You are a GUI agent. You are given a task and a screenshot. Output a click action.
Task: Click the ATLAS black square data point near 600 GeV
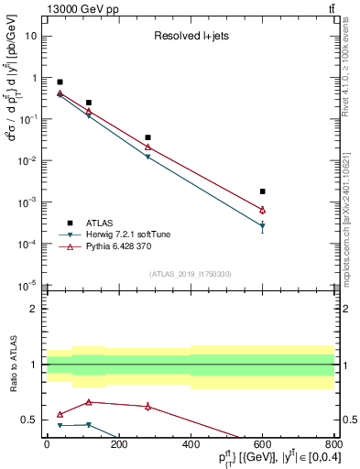tap(262, 191)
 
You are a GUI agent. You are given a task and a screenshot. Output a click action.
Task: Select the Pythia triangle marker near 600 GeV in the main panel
tap(262, 210)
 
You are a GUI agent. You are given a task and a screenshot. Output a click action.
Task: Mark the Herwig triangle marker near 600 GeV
tap(262, 225)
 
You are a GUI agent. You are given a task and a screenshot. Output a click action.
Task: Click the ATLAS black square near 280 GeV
tap(147, 137)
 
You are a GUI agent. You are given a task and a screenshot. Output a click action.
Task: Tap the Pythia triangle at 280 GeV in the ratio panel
tap(147, 406)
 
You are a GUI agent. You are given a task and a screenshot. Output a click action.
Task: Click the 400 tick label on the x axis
tap(191, 447)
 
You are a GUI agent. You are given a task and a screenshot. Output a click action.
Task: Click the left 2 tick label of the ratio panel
tap(34, 309)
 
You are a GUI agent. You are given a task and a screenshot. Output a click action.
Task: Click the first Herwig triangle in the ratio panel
tap(60, 425)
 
